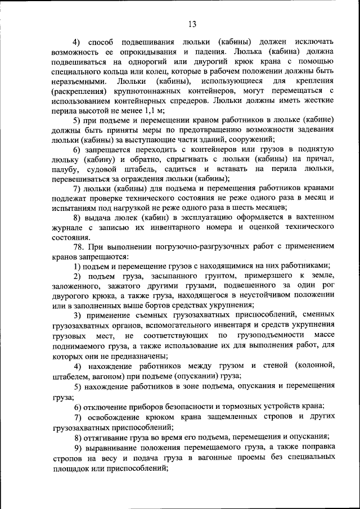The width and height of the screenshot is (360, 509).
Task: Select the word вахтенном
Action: click(311, 217)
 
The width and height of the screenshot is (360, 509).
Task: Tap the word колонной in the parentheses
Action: click(311, 366)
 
